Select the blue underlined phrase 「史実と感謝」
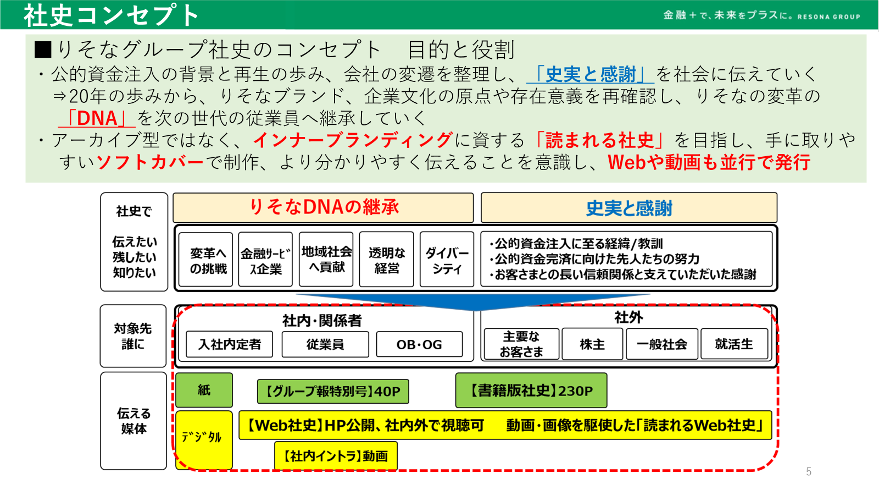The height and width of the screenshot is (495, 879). click(590, 74)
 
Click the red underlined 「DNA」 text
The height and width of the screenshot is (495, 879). click(97, 118)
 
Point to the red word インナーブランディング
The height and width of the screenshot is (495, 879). click(353, 140)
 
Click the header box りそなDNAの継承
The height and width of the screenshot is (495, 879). click(323, 207)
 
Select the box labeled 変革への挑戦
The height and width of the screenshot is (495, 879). click(205, 259)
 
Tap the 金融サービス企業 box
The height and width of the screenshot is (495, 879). click(265, 259)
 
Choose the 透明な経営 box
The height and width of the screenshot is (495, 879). click(387, 259)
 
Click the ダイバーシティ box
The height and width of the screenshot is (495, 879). click(447, 259)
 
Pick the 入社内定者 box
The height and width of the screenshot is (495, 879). click(229, 344)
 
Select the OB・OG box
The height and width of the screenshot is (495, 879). click(419, 344)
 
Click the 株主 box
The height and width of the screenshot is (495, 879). click(592, 344)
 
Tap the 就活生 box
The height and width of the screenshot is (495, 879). click(734, 344)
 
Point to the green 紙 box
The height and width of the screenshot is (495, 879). click(204, 390)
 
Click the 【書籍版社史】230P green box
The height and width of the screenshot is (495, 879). click(531, 391)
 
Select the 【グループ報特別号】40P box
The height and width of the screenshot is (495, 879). click(333, 391)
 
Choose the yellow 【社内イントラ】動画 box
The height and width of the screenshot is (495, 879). click(336, 456)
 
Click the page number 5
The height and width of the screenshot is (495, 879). click(809, 471)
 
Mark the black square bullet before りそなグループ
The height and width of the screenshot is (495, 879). click(43, 50)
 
